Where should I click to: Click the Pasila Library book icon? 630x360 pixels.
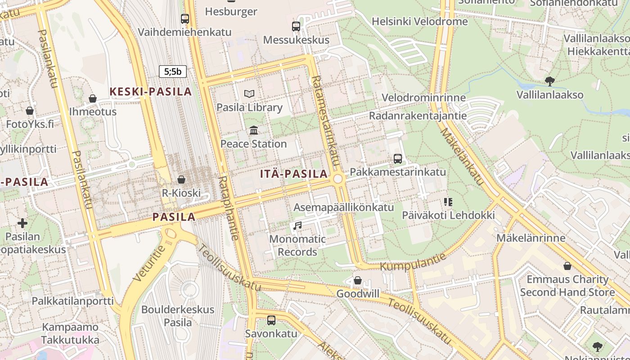coord(249,94)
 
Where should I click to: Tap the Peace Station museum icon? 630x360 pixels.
coord(254,130)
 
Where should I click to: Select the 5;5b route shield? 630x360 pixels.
coord(172,71)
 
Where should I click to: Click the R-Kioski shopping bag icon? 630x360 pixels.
coord(181,180)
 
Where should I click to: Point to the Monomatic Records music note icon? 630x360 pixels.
coord(297,225)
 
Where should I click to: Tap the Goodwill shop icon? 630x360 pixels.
coord(358,280)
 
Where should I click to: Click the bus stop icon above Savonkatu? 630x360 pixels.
coord(271,320)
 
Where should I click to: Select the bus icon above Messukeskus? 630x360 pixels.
coord(296,27)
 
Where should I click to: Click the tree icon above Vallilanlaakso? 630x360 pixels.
coord(549,81)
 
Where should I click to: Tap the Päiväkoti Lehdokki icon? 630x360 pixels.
coord(448,202)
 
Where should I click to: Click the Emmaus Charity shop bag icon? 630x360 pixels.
coord(567,266)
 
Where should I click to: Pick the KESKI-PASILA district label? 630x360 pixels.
coord(151,92)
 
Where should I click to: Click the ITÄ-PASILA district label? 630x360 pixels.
coord(294,174)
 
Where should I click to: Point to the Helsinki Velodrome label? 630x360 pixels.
coord(419,22)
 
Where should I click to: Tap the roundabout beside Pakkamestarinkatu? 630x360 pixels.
coord(338,179)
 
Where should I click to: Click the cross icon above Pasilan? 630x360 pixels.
coord(22,223)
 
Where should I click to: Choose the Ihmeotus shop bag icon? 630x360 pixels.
coord(93,98)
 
